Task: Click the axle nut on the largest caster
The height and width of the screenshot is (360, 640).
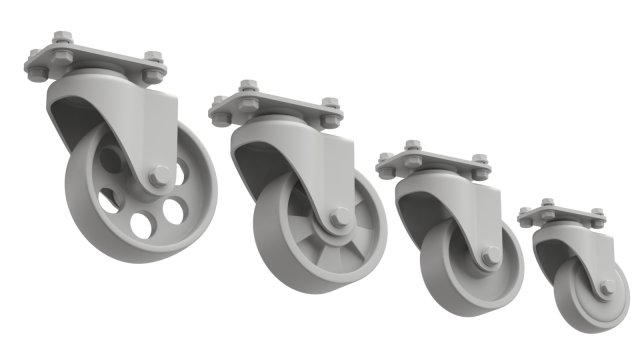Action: click(x=160, y=177)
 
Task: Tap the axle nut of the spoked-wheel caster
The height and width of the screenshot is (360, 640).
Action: click(x=340, y=217)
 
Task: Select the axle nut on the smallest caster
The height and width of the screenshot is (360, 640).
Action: click(x=606, y=288)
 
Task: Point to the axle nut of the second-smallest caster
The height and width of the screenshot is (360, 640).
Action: click(x=490, y=256)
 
